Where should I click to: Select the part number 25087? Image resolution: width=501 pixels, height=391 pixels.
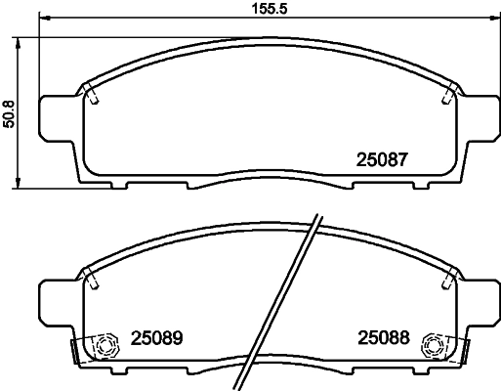[x=379, y=158]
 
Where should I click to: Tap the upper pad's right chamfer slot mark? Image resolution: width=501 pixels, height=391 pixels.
[x=447, y=95]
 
